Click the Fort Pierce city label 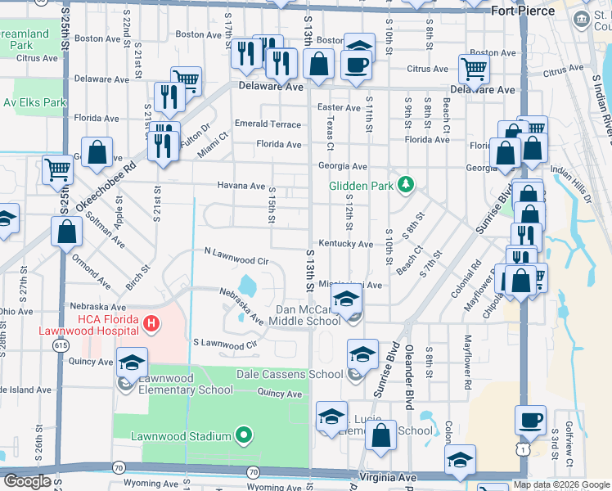coord(524,11)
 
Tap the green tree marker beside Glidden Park coord(404,185)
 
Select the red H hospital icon coord(150,325)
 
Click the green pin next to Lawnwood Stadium coord(243,435)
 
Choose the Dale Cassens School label coord(290,374)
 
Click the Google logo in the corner coord(27,480)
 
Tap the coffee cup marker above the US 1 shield coord(530,421)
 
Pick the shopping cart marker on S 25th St coord(57,170)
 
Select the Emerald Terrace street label coord(268,124)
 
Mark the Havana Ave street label coord(241,186)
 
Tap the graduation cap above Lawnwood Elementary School coord(132,362)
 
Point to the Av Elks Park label coord(34,102)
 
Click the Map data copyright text coord(561,484)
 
